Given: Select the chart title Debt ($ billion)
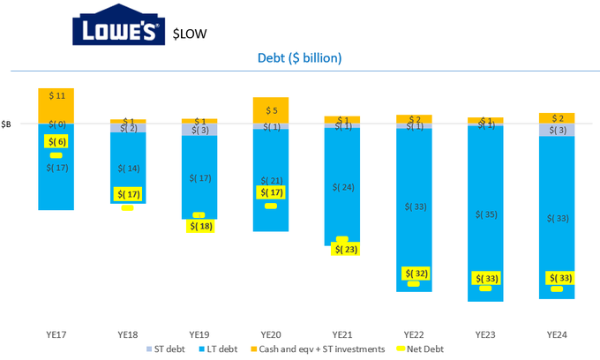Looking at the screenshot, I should [299, 58].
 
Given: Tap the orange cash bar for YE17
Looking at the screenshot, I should [56, 105].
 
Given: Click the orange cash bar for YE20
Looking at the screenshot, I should [270, 110].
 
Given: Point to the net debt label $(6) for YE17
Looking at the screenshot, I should [56, 141].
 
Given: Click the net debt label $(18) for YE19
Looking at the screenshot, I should [199, 226].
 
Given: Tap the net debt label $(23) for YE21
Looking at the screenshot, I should [342, 249].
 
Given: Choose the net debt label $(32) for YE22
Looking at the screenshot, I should [414, 274].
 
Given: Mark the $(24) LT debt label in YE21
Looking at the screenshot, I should [342, 187].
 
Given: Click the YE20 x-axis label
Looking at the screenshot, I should [270, 334].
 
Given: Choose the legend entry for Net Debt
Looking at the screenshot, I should [419, 349].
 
